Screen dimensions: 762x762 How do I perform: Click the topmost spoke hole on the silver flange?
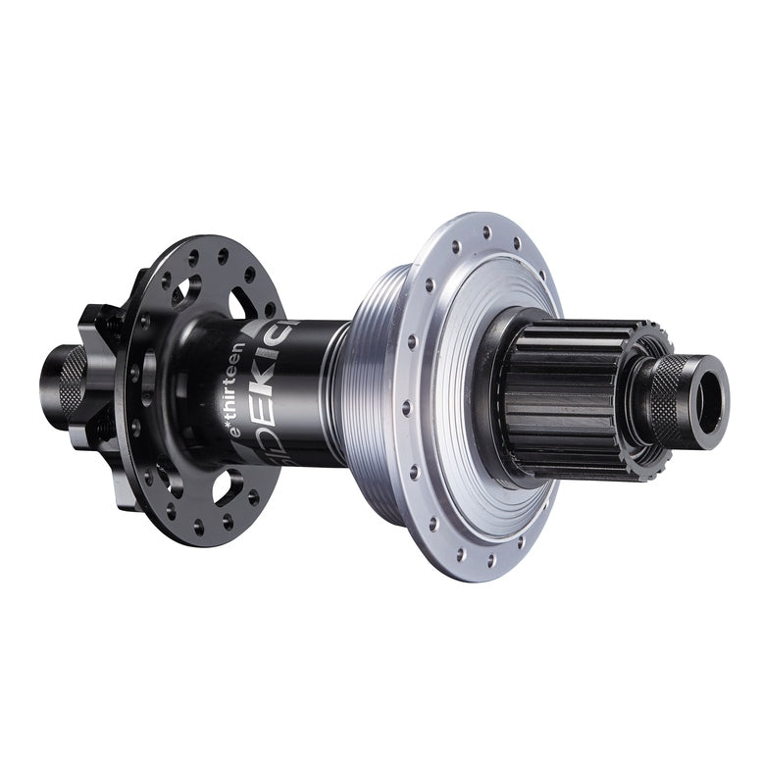(484, 231)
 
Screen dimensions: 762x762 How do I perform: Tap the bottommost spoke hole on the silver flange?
(487, 558)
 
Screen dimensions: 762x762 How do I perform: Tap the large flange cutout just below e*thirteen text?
(229, 484)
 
